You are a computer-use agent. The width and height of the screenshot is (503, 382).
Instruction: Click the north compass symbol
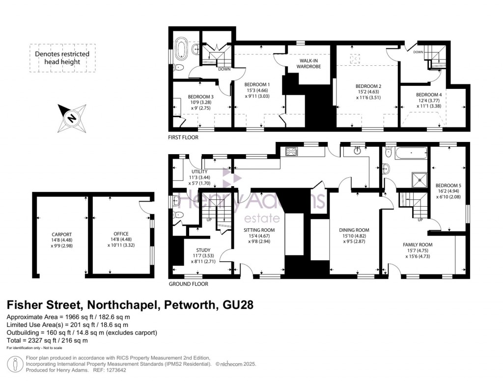point(72,118)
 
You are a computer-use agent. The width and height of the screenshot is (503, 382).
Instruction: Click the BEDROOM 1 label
point(258,84)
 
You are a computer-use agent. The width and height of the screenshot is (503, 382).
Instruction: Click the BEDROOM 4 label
point(428,95)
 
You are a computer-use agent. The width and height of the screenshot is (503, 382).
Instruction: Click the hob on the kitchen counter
point(290,152)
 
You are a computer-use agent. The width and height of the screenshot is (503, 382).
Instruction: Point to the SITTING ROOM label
point(259,230)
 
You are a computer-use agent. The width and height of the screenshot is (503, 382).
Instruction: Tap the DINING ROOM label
point(354,230)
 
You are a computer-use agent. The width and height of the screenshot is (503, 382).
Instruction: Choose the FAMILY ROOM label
point(418,245)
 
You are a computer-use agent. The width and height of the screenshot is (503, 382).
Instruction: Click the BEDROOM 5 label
point(449,179)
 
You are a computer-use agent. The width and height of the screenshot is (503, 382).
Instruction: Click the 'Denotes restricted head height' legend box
point(62,58)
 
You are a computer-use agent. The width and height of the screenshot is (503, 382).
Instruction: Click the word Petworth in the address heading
point(188,304)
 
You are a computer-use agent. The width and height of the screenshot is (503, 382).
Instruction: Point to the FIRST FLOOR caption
point(183,137)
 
